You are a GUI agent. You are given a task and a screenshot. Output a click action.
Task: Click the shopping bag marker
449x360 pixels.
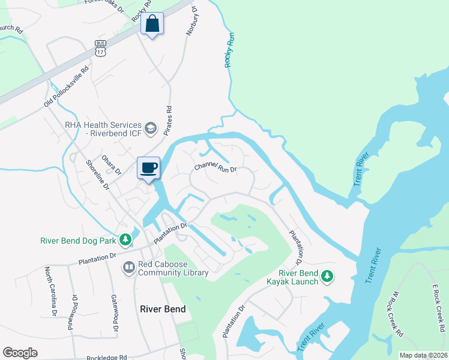tap(151, 25)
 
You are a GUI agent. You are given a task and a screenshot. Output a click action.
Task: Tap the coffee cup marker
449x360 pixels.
tap(148, 168)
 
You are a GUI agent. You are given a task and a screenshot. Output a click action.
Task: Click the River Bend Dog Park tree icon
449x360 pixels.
tap(125, 241)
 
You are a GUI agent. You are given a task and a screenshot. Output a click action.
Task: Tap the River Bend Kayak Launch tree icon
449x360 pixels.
tap(327, 277)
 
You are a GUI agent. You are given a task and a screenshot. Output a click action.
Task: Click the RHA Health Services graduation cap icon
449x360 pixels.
tap(151, 128)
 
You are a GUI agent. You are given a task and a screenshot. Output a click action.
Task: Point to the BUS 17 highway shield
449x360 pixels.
tap(100, 48)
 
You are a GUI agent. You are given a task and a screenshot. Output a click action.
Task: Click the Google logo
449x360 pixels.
tap(20, 353)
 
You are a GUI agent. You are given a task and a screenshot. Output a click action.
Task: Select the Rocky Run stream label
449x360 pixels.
tap(229, 50)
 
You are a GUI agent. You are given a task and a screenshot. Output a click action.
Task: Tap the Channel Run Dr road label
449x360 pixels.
tap(215, 168)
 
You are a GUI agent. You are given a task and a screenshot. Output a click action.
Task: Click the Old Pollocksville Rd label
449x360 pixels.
tap(66, 87)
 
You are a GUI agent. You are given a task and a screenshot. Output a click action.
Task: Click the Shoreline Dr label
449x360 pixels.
tap(97, 175)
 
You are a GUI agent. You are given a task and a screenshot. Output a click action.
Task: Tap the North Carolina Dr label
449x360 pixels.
tap(50, 292)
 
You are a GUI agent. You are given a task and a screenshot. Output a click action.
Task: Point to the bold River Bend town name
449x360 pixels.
tap(163, 309)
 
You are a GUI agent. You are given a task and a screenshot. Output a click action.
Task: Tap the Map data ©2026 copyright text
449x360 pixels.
tap(423, 355)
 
